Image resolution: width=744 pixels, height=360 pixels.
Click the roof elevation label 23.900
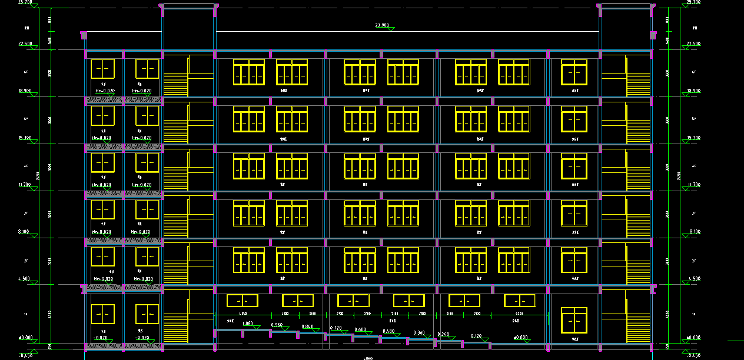click(x=382, y=25)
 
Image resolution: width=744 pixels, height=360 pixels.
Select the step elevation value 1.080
click(x=247, y=323)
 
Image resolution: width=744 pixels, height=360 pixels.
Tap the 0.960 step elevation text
click(x=277, y=325)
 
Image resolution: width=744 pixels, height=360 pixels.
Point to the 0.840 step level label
click(x=307, y=326)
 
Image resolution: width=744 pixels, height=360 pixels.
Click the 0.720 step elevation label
click(x=336, y=328)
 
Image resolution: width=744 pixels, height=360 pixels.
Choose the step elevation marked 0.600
click(x=360, y=329)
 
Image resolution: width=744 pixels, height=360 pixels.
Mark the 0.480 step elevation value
click(x=388, y=331)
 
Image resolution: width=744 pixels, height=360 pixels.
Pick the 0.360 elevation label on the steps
click(x=419, y=333)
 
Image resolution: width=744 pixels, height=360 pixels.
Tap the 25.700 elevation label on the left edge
click(x=25, y=2)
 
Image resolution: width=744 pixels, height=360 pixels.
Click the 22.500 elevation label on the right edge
click(x=693, y=44)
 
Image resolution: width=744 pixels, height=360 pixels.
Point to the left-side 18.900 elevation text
click(x=25, y=91)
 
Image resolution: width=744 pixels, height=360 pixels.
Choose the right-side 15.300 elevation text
click(x=693, y=138)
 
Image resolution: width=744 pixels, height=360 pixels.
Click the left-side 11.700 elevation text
click(x=25, y=185)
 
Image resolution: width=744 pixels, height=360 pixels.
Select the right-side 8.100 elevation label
click(x=693, y=232)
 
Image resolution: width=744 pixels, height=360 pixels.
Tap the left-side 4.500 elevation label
click(x=25, y=279)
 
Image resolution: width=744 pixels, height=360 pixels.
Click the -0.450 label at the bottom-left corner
click(x=25, y=355)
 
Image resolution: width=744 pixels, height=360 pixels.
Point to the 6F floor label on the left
click(x=26, y=72)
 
